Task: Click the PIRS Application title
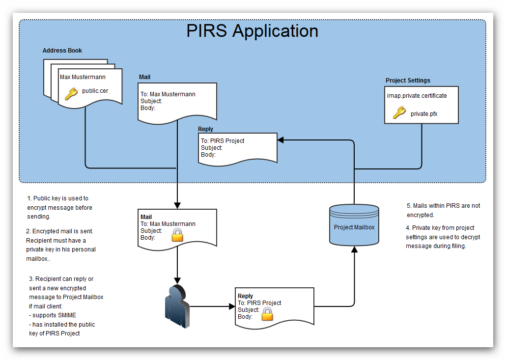[252, 31]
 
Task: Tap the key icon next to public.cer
[71, 94]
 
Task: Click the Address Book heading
[62, 51]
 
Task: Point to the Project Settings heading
[408, 81]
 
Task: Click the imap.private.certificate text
[417, 96]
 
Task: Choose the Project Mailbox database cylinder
[354, 225]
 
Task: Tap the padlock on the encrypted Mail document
[177, 235]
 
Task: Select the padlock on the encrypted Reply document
[267, 314]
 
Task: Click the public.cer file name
[95, 90]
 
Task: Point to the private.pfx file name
[424, 114]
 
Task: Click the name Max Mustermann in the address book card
[83, 77]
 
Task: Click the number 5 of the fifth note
[408, 206]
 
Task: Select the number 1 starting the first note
[28, 198]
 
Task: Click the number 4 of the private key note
[408, 228]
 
